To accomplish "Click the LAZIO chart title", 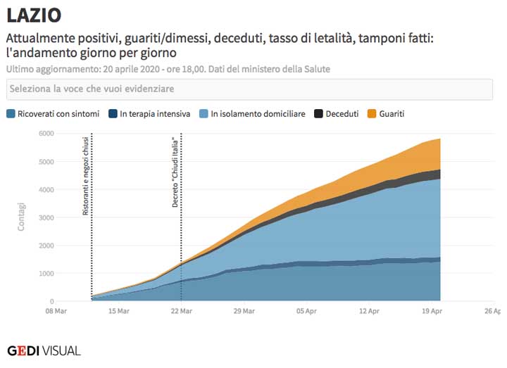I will coord(34,15).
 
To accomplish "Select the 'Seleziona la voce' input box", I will coord(249,89).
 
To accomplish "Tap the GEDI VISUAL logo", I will coord(44,350).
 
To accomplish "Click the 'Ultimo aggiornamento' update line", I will coord(168,69).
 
